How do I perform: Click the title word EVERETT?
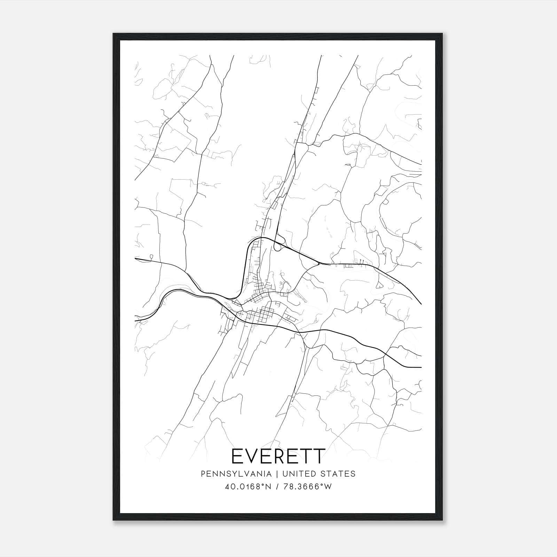(x=278, y=456)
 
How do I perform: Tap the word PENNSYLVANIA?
(x=236, y=474)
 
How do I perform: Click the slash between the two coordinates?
(x=277, y=487)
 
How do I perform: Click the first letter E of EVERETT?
(x=238, y=456)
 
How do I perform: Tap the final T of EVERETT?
(x=319, y=456)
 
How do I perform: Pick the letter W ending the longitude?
(x=328, y=487)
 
